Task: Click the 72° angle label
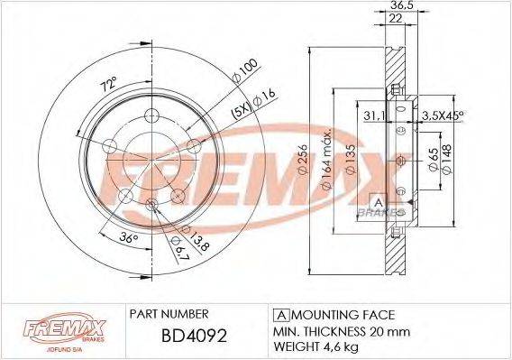point(108,86)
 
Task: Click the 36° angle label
point(129,239)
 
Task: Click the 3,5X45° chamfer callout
point(443,115)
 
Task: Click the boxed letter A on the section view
point(379,200)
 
